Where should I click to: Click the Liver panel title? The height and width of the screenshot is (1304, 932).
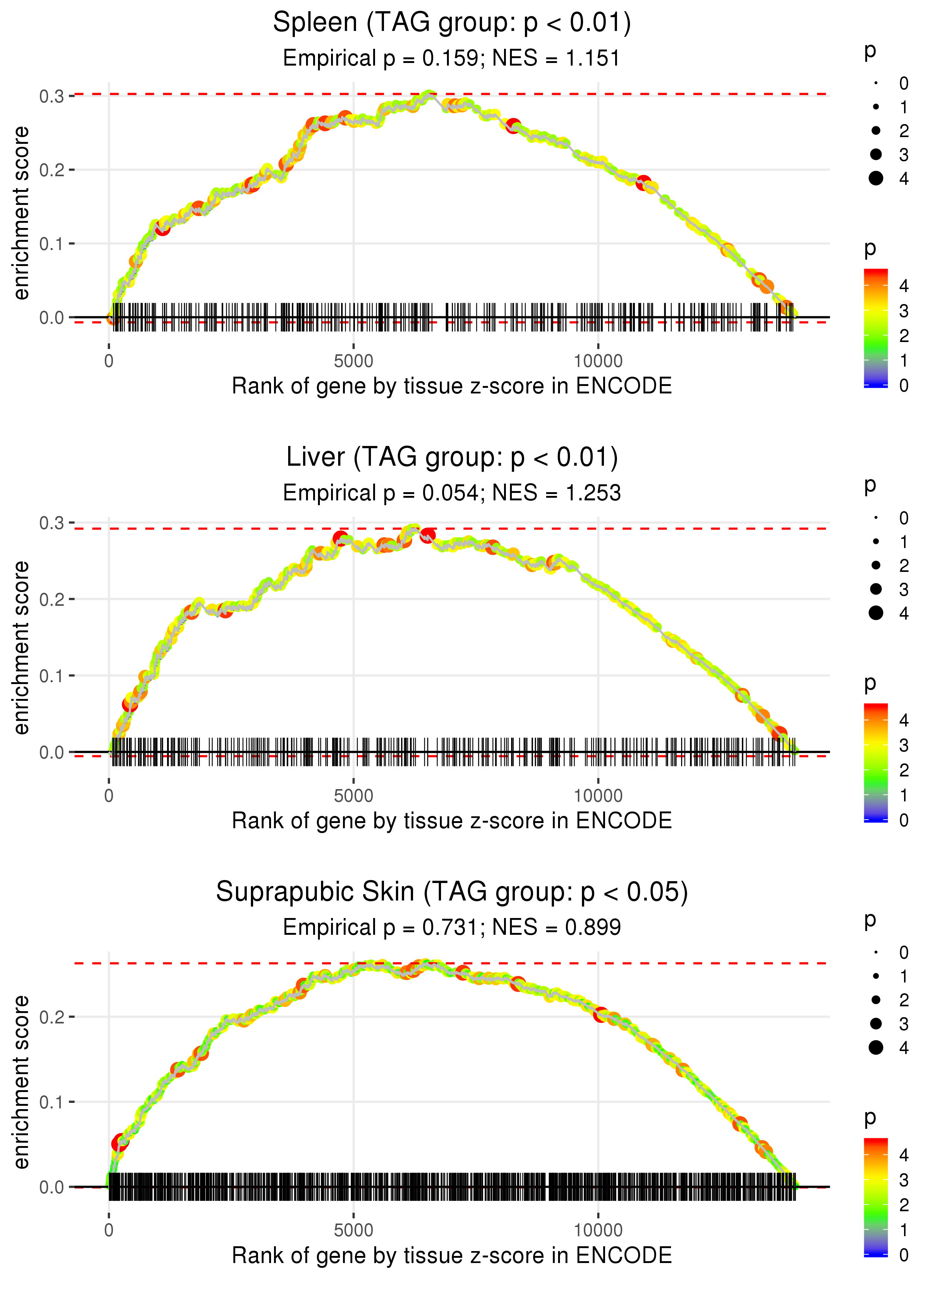(x=452, y=458)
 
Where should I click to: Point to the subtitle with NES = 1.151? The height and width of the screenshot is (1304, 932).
(x=452, y=58)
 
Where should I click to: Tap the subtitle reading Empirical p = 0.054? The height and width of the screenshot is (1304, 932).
(x=452, y=493)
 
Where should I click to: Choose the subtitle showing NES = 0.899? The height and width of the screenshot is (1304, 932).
(x=452, y=927)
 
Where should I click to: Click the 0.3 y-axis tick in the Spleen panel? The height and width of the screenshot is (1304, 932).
(x=52, y=96)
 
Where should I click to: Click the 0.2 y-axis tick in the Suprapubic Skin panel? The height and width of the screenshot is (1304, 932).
(x=52, y=1017)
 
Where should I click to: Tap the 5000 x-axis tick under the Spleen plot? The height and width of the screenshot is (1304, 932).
(x=353, y=361)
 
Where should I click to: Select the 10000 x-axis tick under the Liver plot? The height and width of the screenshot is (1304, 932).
(x=598, y=796)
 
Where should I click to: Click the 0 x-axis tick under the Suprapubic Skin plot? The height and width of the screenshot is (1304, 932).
(x=109, y=1230)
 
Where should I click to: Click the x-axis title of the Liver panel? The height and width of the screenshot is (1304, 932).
(x=452, y=821)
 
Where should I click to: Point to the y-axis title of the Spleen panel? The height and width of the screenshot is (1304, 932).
(x=21, y=213)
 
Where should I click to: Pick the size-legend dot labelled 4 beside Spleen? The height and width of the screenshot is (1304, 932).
(x=876, y=178)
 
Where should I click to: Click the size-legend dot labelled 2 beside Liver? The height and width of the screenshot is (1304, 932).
(x=876, y=566)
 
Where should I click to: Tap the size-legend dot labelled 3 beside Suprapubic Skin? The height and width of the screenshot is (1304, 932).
(x=876, y=1023)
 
